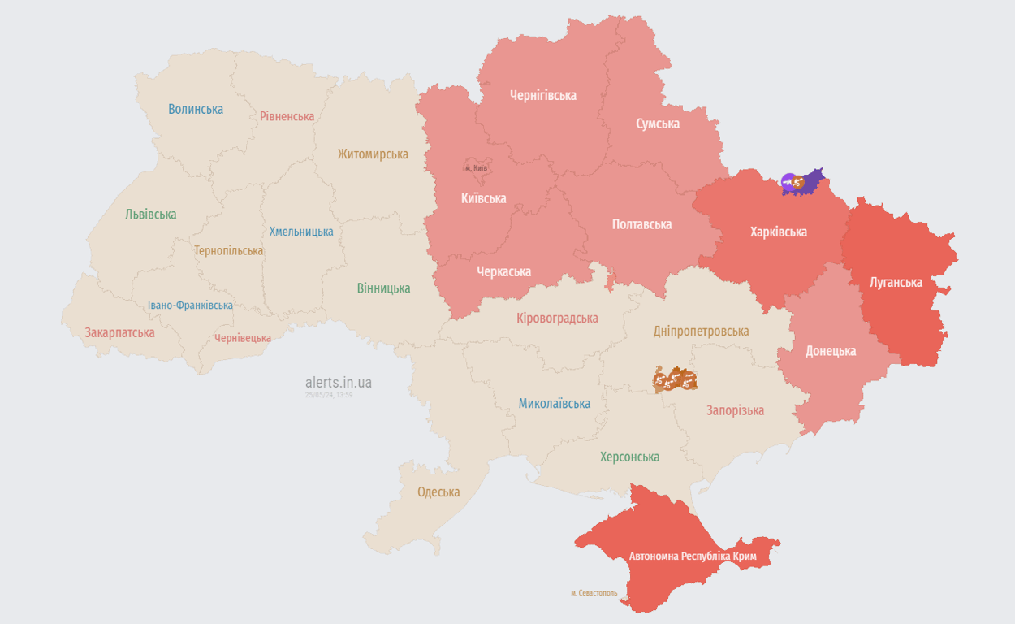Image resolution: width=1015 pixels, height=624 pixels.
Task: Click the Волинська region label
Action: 196,109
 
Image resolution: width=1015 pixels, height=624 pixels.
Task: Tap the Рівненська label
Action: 287,116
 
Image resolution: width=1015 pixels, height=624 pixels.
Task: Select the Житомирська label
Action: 373,154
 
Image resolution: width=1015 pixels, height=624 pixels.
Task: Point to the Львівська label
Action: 150,214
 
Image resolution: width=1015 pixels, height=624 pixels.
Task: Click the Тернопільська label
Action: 228,251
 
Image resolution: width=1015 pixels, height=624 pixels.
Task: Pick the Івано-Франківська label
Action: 190,305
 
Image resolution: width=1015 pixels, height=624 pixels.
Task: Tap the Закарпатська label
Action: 119,332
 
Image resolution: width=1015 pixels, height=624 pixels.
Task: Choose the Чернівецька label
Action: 243,338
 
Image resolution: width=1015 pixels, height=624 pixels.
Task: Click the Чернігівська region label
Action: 542,95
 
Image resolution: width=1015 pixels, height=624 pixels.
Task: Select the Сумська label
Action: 657,123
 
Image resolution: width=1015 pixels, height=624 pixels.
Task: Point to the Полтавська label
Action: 641,224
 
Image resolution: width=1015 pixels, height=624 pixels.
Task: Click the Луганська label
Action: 896,283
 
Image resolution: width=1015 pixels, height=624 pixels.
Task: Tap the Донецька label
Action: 830,352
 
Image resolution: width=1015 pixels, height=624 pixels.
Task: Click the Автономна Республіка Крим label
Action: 693,557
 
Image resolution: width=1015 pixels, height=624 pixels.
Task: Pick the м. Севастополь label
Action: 594,593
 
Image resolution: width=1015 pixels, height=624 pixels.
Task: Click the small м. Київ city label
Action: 476,168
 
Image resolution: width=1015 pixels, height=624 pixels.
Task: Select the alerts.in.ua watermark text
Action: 339,382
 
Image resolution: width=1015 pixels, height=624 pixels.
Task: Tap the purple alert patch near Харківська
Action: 801,182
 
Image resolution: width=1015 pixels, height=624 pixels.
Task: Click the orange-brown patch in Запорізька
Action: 675,379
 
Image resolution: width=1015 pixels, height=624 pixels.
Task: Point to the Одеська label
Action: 438,492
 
